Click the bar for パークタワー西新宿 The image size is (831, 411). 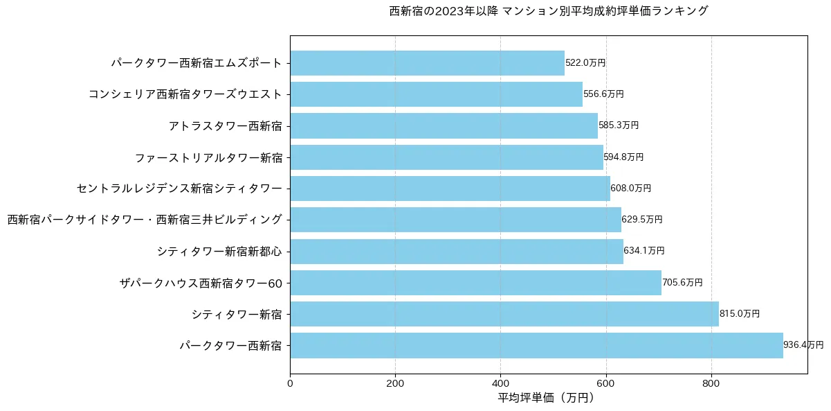(x=536, y=345)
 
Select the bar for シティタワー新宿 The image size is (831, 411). (x=504, y=314)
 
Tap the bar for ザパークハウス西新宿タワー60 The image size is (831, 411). (x=475, y=283)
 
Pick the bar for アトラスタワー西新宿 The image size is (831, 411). (x=444, y=125)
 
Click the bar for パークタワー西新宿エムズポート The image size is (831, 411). (x=427, y=63)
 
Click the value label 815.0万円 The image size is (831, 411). (x=739, y=314)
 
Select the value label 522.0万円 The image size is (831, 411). (x=585, y=63)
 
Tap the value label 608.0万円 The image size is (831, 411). (x=630, y=189)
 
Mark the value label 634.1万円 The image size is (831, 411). (x=644, y=251)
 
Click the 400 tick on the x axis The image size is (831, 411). (x=500, y=383)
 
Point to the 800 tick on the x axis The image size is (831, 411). (x=711, y=383)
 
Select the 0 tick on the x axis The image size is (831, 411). (x=290, y=383)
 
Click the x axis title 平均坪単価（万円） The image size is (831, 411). (x=546, y=398)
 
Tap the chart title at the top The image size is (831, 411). (x=549, y=11)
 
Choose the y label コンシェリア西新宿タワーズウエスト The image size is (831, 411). (x=185, y=94)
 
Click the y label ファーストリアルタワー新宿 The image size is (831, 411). (x=208, y=157)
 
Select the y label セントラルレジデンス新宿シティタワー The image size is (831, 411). (x=180, y=189)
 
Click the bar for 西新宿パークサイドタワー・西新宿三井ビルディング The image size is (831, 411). (x=455, y=220)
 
